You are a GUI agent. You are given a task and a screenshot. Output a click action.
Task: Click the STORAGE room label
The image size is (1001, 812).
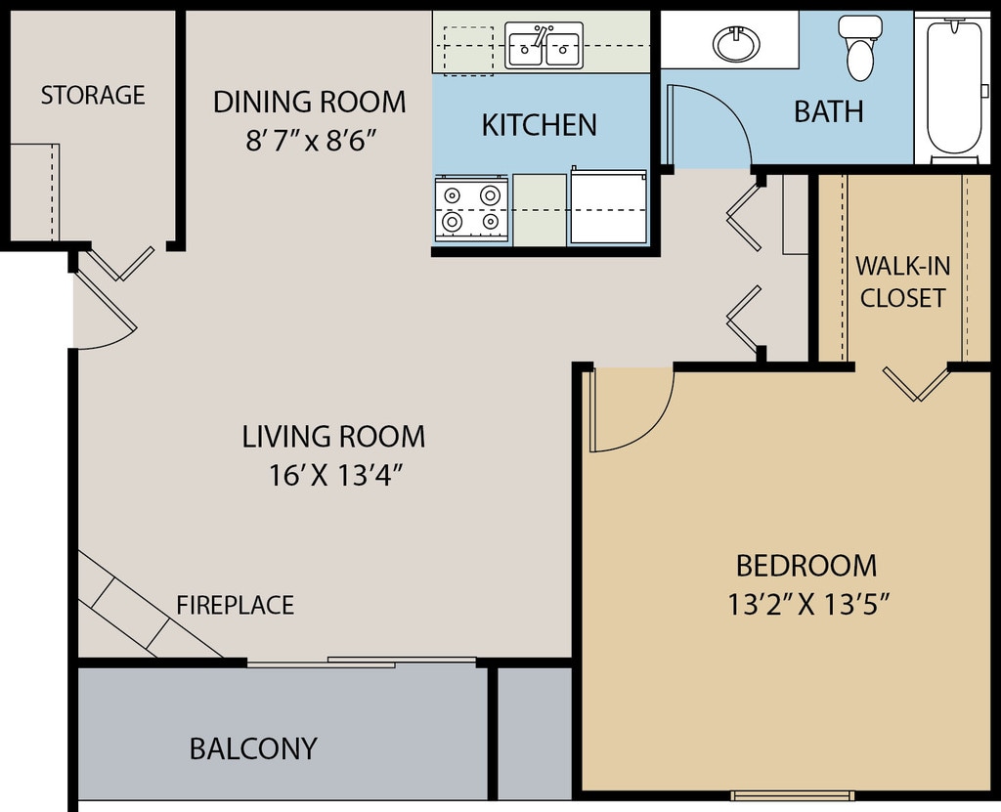93,95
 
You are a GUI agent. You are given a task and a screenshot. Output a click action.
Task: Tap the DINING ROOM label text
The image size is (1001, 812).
310,103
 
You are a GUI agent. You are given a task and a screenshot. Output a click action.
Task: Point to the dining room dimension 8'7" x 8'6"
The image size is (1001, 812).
310,141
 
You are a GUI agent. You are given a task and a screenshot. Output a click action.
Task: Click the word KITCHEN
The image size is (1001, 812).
540,125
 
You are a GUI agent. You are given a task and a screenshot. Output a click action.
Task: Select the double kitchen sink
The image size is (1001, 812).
544,45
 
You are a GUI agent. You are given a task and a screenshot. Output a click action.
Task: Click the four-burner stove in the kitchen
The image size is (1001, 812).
472,209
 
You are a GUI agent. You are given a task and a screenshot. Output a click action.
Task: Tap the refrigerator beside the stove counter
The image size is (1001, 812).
608,205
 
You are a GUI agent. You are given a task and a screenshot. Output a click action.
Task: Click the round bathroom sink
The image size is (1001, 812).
737,43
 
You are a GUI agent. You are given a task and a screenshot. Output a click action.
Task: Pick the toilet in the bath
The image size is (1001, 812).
860,48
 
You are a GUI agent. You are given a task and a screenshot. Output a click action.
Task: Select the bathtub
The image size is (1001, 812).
954,88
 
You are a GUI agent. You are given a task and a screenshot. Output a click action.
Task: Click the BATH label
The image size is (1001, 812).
829,111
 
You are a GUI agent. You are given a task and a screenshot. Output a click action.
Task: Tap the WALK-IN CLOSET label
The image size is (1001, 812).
902,281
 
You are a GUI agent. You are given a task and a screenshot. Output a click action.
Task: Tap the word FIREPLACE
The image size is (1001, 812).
235,605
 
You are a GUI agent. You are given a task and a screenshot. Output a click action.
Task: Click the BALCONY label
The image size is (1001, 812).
253,748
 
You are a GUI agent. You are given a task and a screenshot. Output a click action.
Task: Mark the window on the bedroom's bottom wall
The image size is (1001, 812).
792,795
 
